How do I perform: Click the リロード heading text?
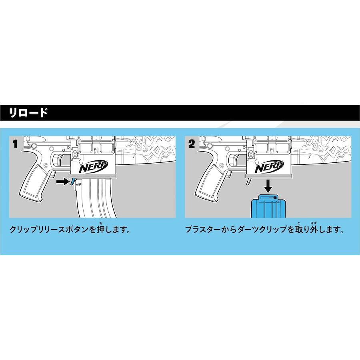tap(28, 113)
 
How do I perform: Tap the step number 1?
tap(15, 144)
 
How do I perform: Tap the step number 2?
tap(192, 144)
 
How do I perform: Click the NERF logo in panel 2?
tap(269, 167)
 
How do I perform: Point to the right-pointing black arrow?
tap(63, 182)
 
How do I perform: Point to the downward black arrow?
tap(268, 186)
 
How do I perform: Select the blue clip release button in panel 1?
tap(72, 181)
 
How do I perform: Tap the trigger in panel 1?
tap(62, 160)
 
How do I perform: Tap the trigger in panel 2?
tap(237, 160)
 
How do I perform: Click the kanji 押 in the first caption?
tap(100, 229)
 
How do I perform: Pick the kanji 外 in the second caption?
tap(314, 229)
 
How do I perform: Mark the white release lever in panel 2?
tap(249, 181)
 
